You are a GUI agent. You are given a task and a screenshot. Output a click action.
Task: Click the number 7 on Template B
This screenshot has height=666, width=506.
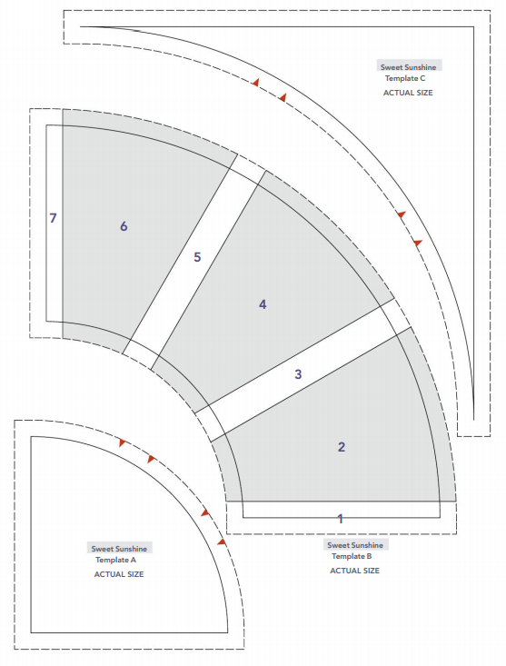pyautogui.click(x=53, y=218)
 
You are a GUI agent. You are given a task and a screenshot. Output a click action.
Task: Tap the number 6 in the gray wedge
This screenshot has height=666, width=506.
pyautogui.click(x=124, y=226)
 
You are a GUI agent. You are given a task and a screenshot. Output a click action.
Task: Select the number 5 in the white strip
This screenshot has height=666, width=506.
pyautogui.click(x=197, y=257)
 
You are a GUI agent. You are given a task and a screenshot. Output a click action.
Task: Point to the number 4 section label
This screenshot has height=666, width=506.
pyautogui.click(x=263, y=304)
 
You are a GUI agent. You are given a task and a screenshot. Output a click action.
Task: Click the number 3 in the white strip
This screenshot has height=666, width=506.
pyautogui.click(x=298, y=374)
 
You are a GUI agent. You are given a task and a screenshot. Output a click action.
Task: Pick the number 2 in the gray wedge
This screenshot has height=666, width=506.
pyautogui.click(x=342, y=447)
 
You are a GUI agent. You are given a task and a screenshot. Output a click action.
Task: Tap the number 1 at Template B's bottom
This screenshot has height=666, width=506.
pyautogui.click(x=340, y=519)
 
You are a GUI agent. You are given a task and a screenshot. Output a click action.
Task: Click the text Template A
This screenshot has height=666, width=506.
pyautogui.click(x=116, y=560)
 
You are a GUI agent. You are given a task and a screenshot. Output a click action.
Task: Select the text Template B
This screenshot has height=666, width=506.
pyautogui.click(x=352, y=556)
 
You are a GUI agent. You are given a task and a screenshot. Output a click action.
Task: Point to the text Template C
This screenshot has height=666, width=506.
pyautogui.click(x=405, y=78)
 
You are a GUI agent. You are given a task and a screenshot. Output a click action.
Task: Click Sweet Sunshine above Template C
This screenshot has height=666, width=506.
pyautogui.click(x=409, y=67)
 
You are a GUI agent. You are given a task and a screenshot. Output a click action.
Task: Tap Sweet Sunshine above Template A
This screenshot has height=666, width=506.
pyautogui.click(x=119, y=549)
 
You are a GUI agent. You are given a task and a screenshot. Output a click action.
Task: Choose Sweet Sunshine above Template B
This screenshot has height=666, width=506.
pyautogui.click(x=355, y=545)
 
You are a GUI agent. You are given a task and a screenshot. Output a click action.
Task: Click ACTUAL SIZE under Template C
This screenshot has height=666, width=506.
pyautogui.click(x=408, y=93)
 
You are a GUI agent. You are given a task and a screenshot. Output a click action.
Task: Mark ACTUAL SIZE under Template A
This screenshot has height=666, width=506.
pyautogui.click(x=119, y=574)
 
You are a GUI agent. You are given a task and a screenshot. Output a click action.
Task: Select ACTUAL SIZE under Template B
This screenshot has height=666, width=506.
pyautogui.click(x=355, y=571)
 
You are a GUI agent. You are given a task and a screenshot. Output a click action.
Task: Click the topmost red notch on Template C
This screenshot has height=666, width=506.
pyautogui.click(x=255, y=82)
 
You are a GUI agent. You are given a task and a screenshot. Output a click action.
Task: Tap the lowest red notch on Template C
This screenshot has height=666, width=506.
pyautogui.click(x=418, y=243)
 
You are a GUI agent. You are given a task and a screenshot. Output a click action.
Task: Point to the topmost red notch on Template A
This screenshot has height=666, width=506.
pyautogui.click(x=123, y=442)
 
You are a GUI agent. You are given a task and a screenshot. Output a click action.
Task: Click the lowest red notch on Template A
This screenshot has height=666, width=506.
pyautogui.click(x=221, y=542)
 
